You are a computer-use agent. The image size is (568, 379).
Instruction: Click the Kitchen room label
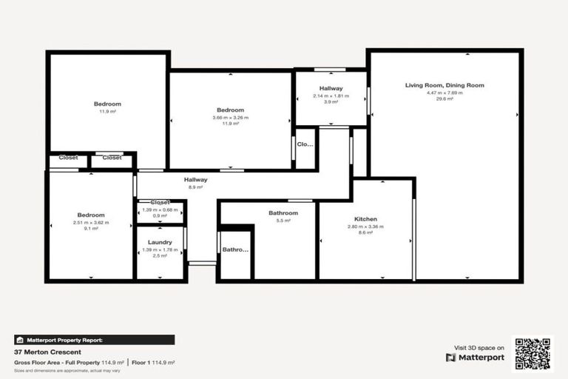[366, 219]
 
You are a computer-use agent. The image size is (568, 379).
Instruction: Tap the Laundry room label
[160, 242]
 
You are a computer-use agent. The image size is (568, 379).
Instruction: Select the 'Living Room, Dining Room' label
[444, 85]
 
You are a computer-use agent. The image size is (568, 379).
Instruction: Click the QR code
[533, 354]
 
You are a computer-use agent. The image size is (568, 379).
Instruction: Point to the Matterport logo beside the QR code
[475, 358]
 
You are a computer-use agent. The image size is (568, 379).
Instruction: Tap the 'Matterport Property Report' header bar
[95, 340]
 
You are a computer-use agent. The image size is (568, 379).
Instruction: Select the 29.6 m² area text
[444, 99]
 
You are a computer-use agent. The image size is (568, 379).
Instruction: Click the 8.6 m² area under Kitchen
[366, 232]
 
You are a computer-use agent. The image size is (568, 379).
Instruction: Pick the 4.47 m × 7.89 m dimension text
[444, 93]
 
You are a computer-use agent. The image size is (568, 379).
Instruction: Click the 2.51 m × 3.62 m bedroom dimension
[91, 222]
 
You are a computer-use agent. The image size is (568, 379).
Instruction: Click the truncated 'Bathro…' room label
[236, 249]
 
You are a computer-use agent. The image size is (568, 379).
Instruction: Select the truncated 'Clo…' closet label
[305, 144]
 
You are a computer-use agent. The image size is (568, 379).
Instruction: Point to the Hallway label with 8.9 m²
[196, 179]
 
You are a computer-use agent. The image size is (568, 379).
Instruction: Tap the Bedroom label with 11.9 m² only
[107, 104]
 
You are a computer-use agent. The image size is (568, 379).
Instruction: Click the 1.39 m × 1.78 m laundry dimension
[160, 249]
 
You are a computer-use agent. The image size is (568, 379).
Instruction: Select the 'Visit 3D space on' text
[479, 347]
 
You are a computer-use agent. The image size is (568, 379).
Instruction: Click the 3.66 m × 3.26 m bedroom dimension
[231, 117]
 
